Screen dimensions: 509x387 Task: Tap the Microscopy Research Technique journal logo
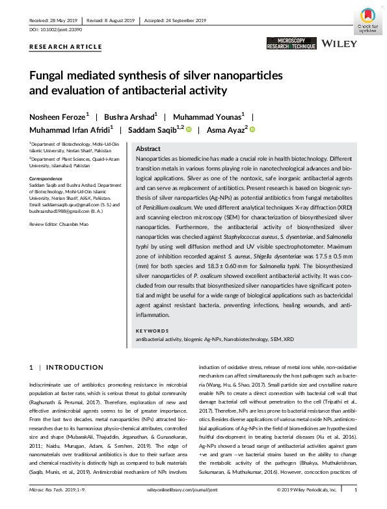coord(291,44)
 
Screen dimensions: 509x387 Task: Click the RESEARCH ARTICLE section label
coord(65,47)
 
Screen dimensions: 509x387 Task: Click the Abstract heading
coord(148,149)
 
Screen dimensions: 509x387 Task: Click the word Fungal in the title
coord(48,76)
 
